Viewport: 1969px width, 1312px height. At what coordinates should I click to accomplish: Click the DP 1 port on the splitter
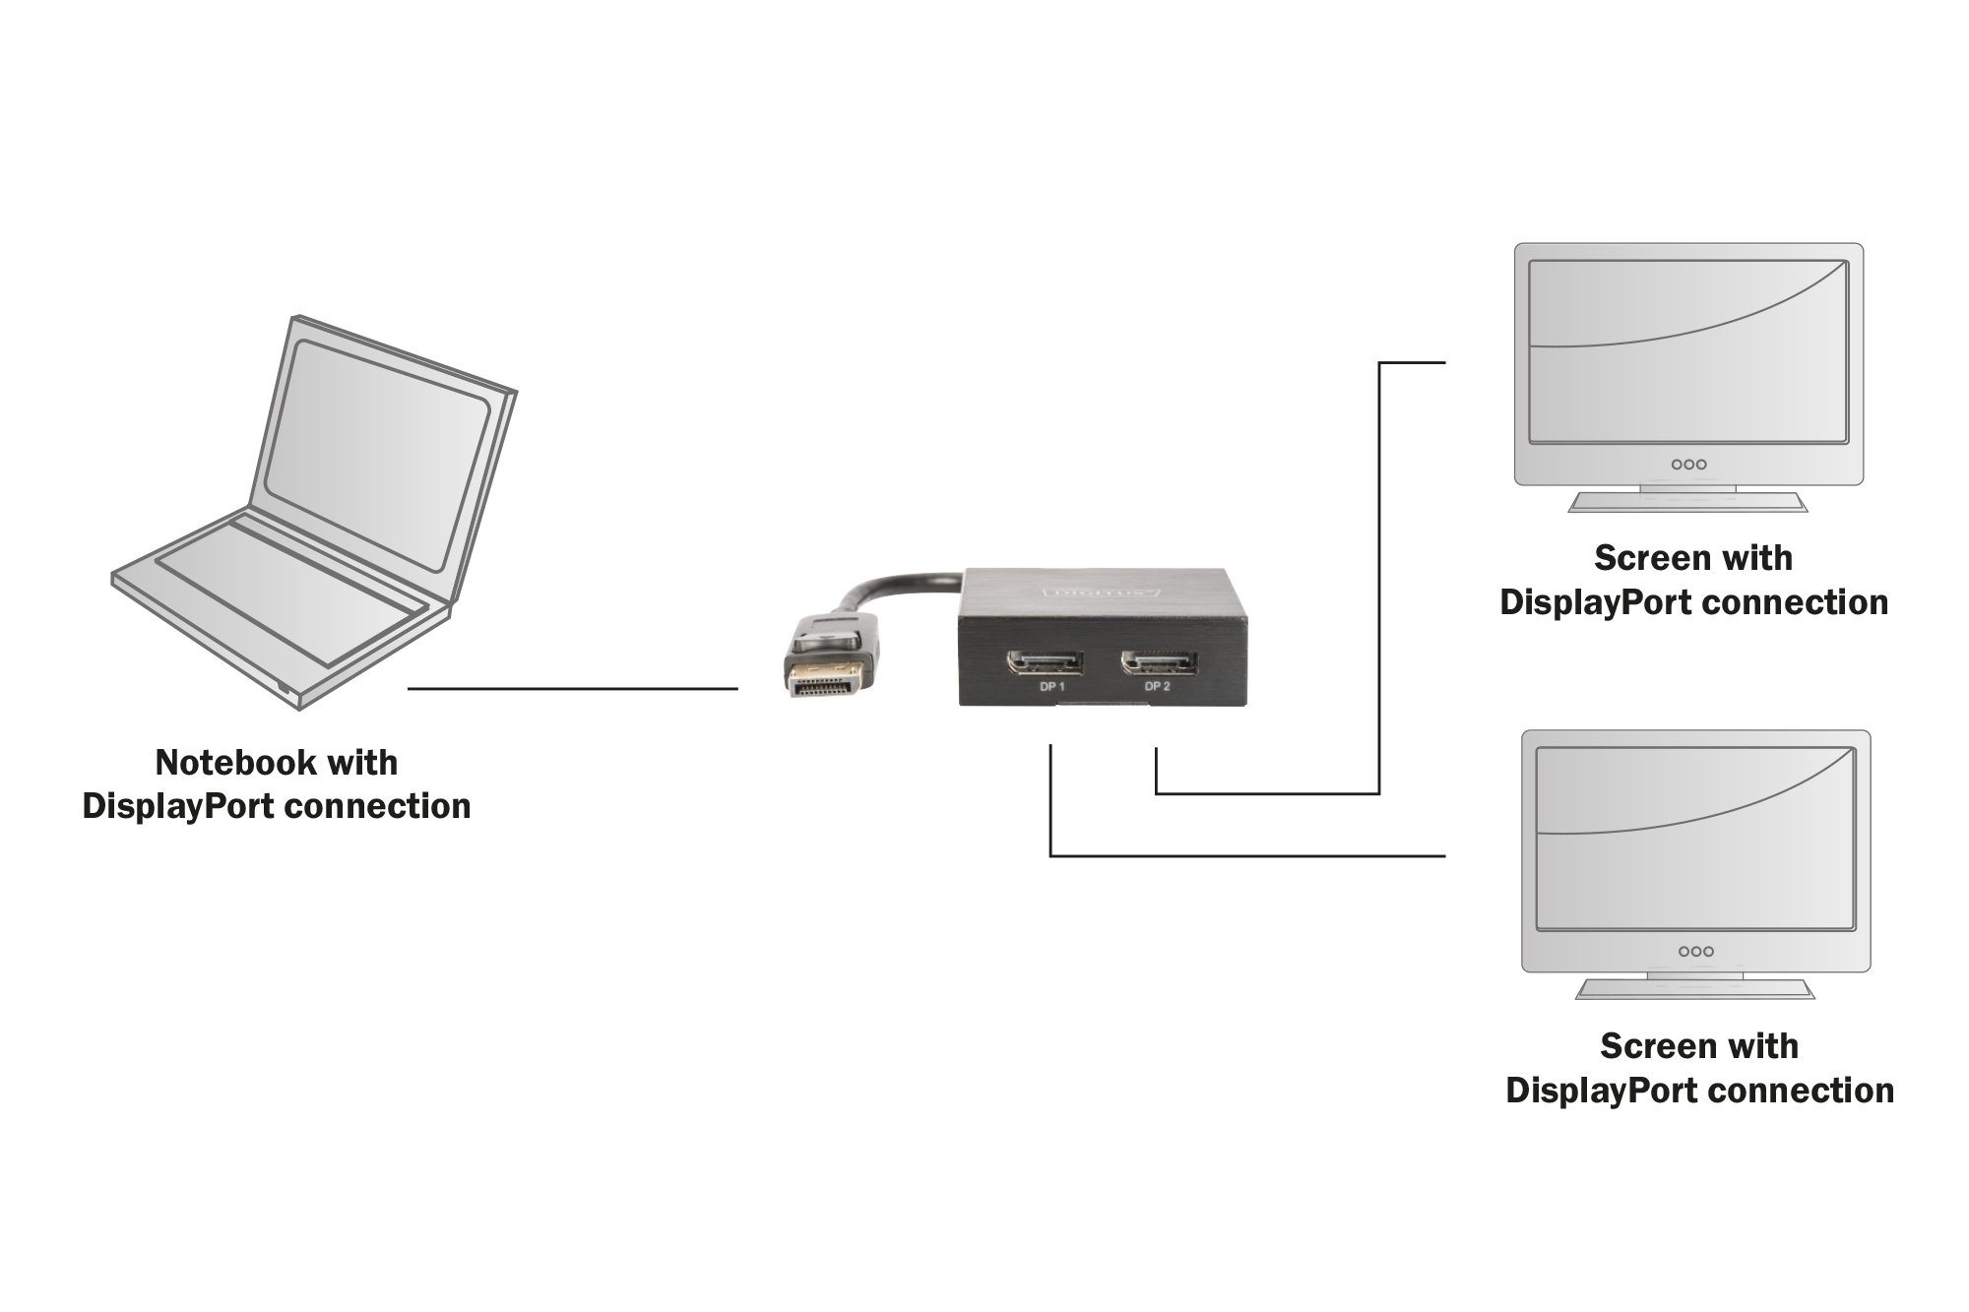(1044, 662)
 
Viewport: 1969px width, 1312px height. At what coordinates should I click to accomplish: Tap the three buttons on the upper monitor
(1688, 464)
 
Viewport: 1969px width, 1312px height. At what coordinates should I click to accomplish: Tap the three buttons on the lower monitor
(1695, 951)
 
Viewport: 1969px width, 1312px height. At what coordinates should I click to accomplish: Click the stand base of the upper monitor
(1687, 503)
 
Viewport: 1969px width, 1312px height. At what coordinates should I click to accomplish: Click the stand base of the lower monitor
(1694, 989)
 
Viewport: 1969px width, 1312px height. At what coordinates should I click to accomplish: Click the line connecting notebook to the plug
(571, 689)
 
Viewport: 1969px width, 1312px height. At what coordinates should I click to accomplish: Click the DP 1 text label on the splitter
(1052, 687)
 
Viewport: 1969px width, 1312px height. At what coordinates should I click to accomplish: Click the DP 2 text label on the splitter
(1158, 687)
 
